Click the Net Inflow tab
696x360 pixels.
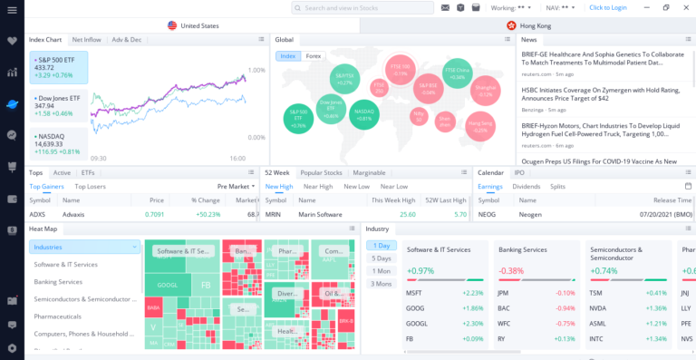point(86,40)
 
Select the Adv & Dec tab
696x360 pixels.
point(127,40)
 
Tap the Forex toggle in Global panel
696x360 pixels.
point(314,56)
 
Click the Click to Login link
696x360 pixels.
point(607,7)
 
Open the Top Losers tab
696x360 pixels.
point(90,186)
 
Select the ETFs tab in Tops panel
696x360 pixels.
point(88,172)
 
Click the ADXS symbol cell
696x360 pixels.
point(37,214)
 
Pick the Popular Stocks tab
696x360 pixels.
point(321,172)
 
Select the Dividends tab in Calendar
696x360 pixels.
point(527,186)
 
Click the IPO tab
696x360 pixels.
point(519,172)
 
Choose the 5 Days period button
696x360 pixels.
point(382,258)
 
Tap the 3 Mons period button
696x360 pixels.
point(382,284)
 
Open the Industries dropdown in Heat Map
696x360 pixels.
point(84,247)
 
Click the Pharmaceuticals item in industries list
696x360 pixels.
point(58,316)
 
